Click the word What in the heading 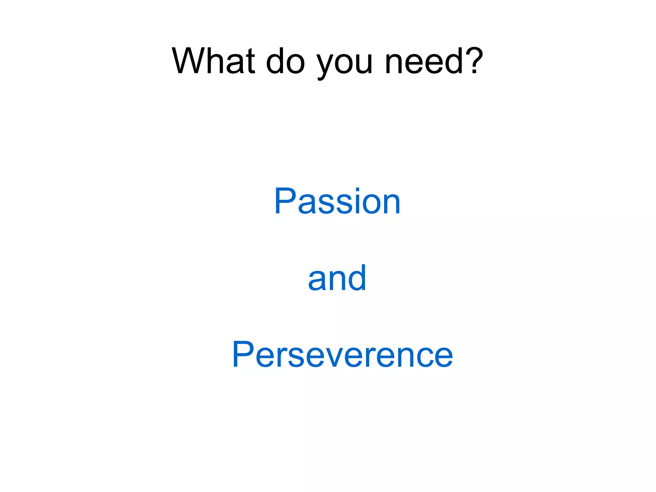[213, 61]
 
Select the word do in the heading [285, 61]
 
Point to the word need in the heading [424, 61]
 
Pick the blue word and [337, 278]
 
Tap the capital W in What [189, 61]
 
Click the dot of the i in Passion [358, 190]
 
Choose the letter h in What [212, 61]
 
